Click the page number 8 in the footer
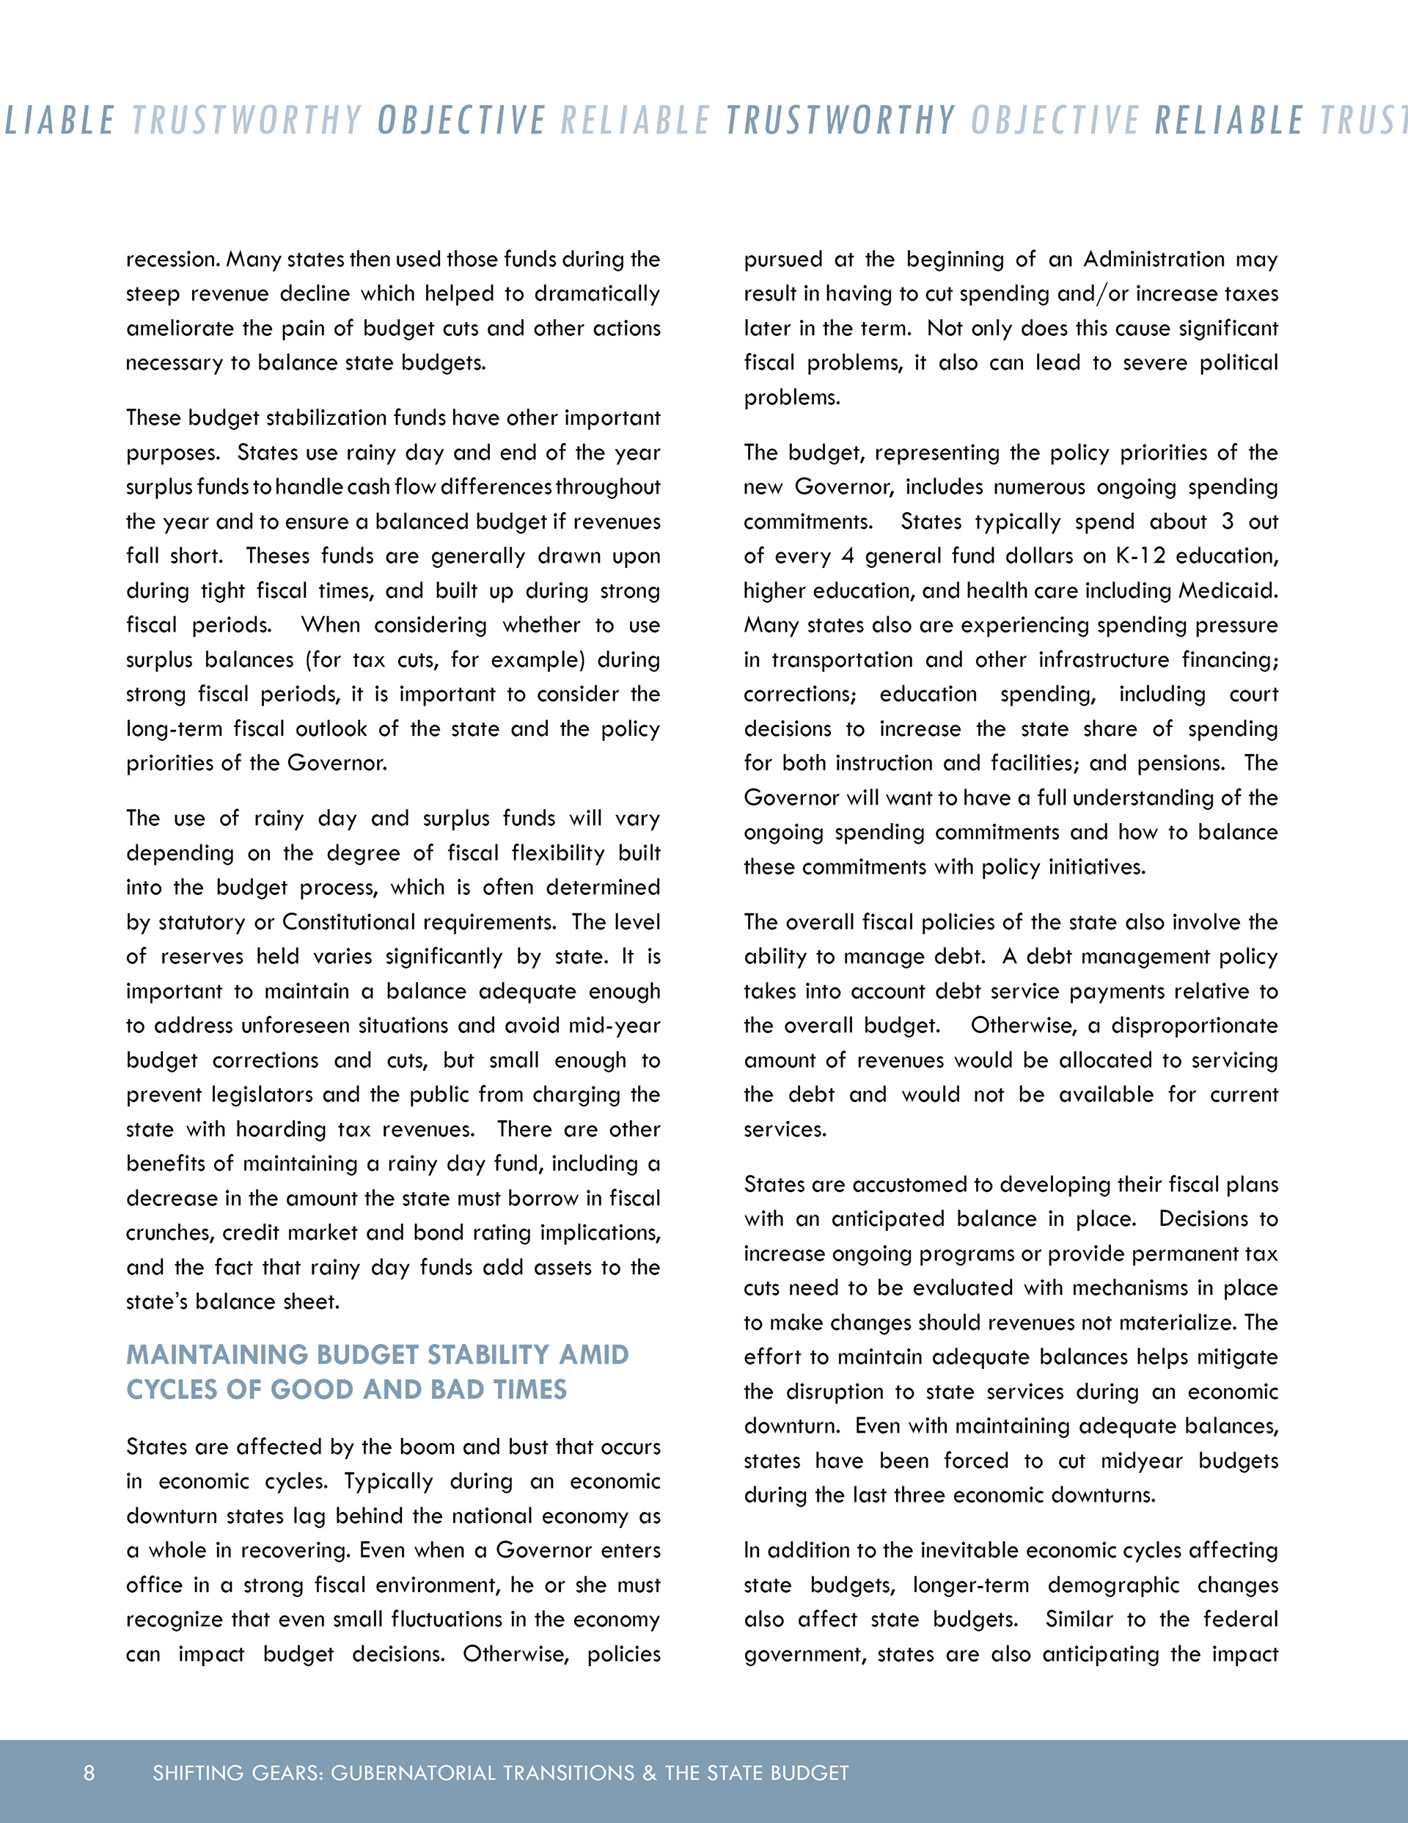89,1772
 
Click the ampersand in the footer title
649,1772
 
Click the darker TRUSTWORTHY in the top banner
840,120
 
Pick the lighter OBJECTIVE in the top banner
1055,120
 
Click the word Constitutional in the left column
350,921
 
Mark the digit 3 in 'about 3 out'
1227,522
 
